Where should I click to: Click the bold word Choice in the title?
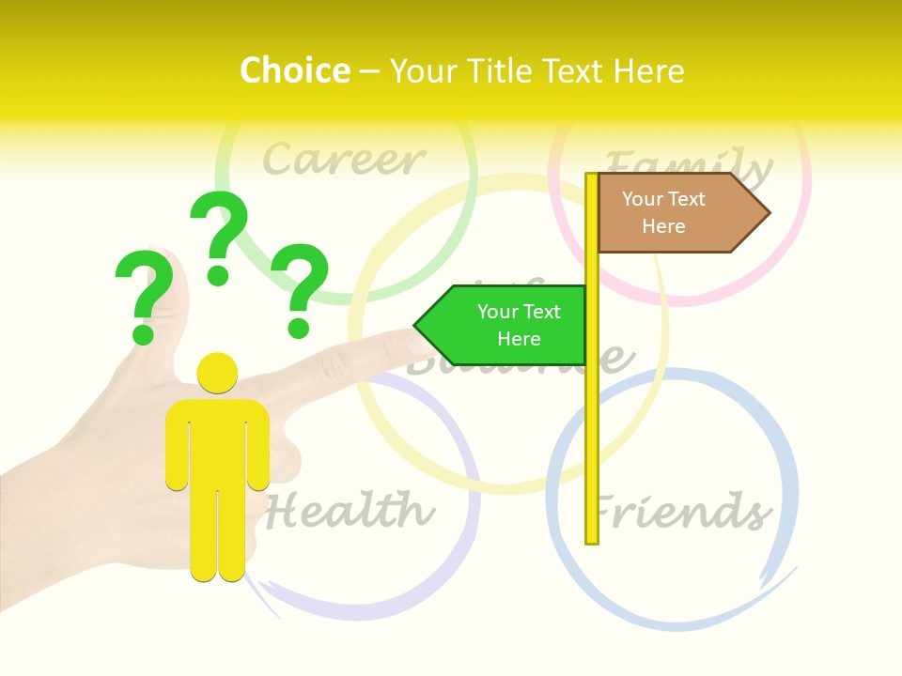point(294,70)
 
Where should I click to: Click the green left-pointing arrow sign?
point(507,326)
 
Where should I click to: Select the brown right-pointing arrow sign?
point(676,213)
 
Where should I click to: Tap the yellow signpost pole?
point(592,422)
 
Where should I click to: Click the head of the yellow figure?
point(217,373)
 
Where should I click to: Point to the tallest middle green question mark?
point(219,235)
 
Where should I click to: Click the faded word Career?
point(343,160)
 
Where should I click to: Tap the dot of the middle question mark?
point(218,275)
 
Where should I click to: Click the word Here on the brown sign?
point(663,226)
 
